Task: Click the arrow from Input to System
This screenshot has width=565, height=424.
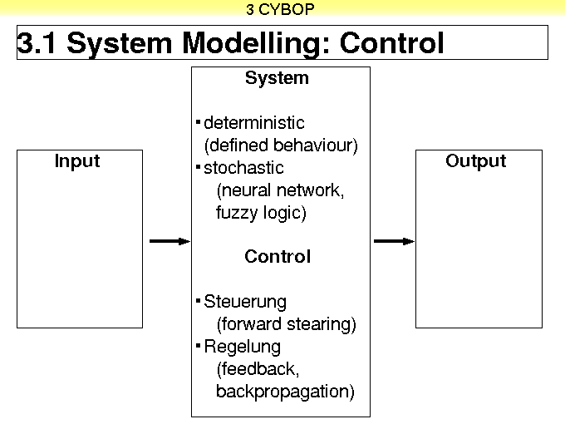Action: click(x=169, y=241)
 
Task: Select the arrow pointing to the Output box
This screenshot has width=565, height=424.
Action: click(x=394, y=241)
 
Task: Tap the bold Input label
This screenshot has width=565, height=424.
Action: click(x=77, y=161)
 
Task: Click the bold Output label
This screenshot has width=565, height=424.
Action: click(x=475, y=161)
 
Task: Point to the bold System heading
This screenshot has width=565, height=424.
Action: click(x=277, y=78)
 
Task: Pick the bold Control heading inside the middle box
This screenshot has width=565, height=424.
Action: click(x=278, y=257)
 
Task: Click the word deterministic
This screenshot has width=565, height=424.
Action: click(x=254, y=123)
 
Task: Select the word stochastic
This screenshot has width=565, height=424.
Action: click(x=243, y=168)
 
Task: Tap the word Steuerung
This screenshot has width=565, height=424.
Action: click(x=245, y=302)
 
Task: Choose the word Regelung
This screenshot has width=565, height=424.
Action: click(x=242, y=347)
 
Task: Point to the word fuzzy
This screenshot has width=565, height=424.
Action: click(x=236, y=213)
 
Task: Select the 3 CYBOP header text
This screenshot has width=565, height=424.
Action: click(x=280, y=9)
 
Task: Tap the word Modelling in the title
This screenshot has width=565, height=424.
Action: click(x=251, y=43)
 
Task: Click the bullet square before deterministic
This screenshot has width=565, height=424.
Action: click(x=199, y=122)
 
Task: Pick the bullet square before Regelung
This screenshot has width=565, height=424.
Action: click(x=199, y=345)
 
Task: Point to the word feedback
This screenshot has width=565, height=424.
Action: click(x=258, y=369)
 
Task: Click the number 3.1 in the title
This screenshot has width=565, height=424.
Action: click(x=37, y=43)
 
